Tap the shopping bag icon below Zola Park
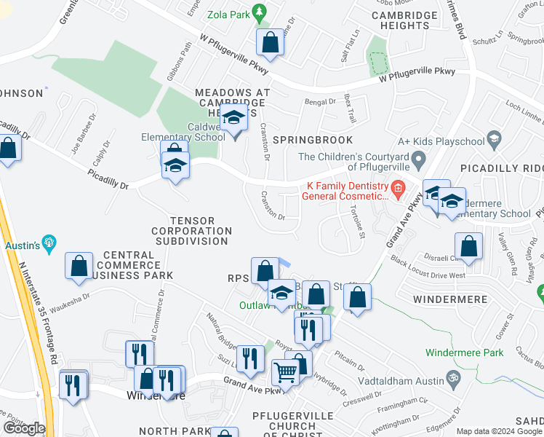point(270,43)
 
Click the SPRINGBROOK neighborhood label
point(313,140)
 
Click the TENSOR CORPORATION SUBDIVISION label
point(191,231)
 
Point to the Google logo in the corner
point(24,428)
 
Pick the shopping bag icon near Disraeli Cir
point(468,248)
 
